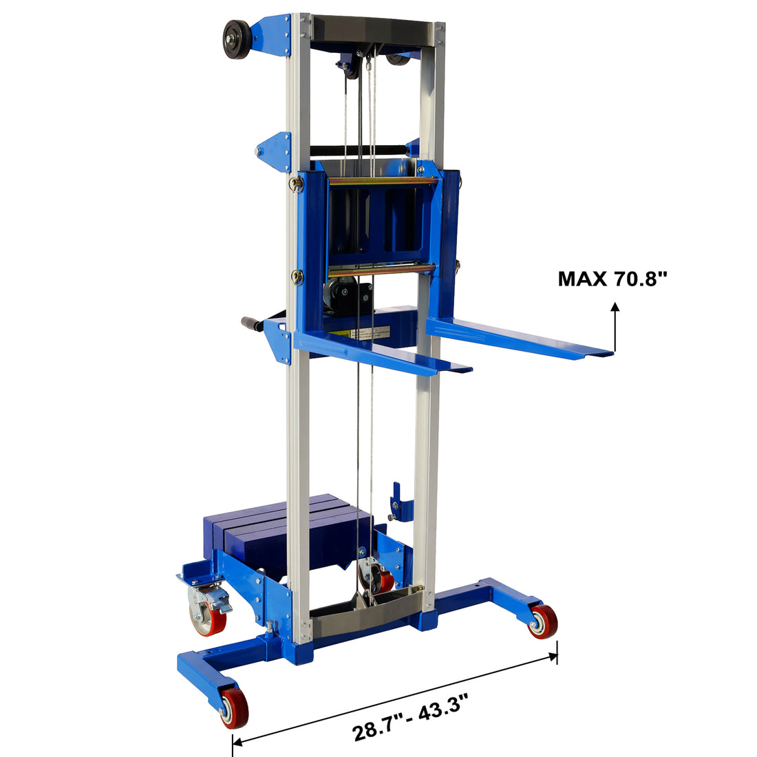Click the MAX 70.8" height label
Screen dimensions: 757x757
point(612,279)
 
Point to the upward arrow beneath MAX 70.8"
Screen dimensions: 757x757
point(615,327)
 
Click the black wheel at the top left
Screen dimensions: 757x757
point(236,39)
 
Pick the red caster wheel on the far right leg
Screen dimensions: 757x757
point(544,621)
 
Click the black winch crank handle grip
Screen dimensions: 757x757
point(252,323)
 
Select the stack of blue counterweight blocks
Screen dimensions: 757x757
point(282,530)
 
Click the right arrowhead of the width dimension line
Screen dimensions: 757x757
point(555,655)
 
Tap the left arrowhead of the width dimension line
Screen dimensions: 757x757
point(236,742)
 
